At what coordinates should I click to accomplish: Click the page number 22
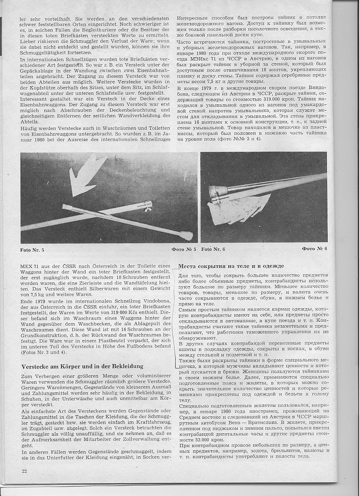tap(24, 471)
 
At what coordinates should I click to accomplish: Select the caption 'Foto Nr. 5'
tap(32, 250)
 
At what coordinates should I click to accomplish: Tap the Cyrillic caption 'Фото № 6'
tap(314, 248)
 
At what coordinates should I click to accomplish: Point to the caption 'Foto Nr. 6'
tap(213, 249)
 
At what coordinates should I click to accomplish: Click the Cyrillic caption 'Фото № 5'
tap(184, 249)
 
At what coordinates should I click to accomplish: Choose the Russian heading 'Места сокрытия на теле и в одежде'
tap(231, 266)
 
